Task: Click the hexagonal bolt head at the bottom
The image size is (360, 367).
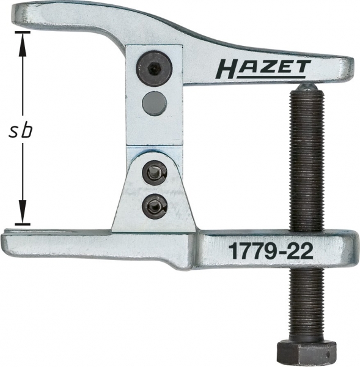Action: (x=307, y=350)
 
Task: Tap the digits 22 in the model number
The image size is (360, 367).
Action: (x=297, y=251)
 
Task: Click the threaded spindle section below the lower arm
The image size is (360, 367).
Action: (x=306, y=300)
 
